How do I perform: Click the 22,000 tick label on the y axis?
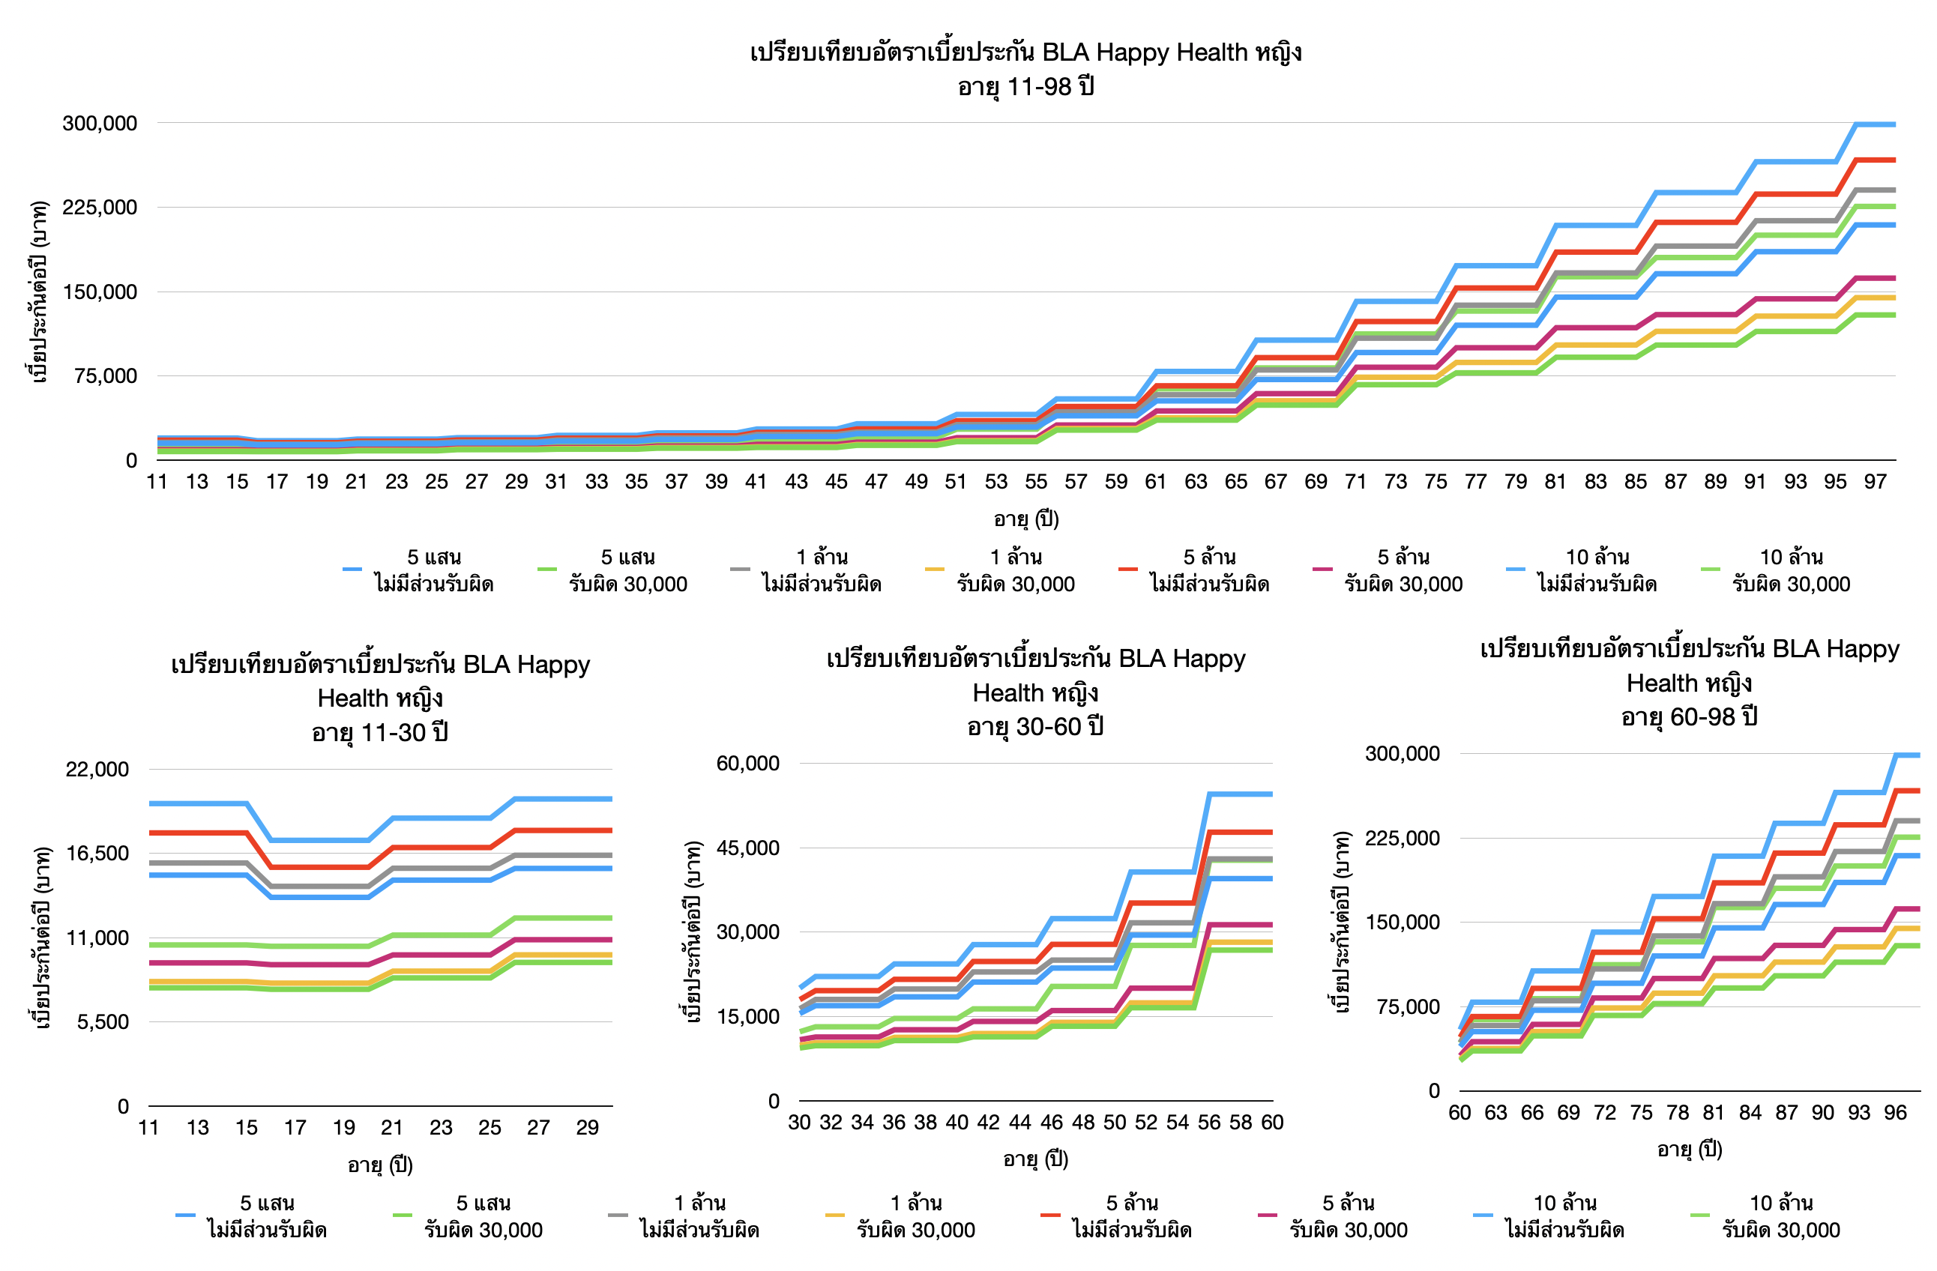pyautogui.click(x=97, y=769)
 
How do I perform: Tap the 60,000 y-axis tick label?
pyautogui.click(x=747, y=763)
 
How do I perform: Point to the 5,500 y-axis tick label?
pyautogui.click(x=103, y=1022)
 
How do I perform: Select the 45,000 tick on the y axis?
pyautogui.click(x=747, y=848)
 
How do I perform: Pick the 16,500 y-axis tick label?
pyautogui.click(x=97, y=854)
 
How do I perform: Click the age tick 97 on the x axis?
pyautogui.click(x=1875, y=482)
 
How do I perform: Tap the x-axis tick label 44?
pyautogui.click(x=1019, y=1122)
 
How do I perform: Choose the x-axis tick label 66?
pyautogui.click(x=1531, y=1112)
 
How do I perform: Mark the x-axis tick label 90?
pyautogui.click(x=1822, y=1112)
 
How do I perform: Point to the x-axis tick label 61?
pyautogui.click(x=1156, y=482)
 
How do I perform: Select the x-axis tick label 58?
pyautogui.click(x=1241, y=1122)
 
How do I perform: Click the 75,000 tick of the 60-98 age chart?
pyautogui.click(x=1407, y=1006)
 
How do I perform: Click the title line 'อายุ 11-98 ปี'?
pyautogui.click(x=1025, y=86)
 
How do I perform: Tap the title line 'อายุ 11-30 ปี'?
pyautogui.click(x=380, y=732)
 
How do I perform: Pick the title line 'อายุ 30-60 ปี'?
pyautogui.click(x=1035, y=727)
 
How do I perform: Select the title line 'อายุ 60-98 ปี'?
pyautogui.click(x=1690, y=717)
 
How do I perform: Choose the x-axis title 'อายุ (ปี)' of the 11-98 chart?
pyautogui.click(x=1025, y=519)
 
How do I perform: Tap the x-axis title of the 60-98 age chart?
pyautogui.click(x=1690, y=1149)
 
